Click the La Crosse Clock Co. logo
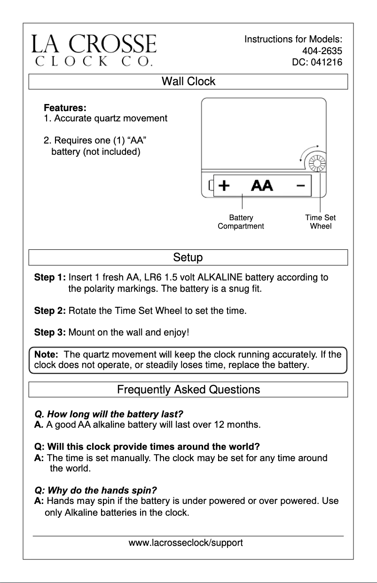pyautogui.click(x=94, y=49)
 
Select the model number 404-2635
pyautogui.click(x=322, y=51)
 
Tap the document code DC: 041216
pyautogui.click(x=317, y=62)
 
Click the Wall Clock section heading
pyautogui.click(x=188, y=81)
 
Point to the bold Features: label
pyautogui.click(x=65, y=108)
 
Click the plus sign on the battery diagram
pyautogui.click(x=225, y=186)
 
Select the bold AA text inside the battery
pyautogui.click(x=262, y=186)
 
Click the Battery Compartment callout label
pyautogui.click(x=241, y=222)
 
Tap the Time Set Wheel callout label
pyautogui.click(x=320, y=222)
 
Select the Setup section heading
pyautogui.click(x=188, y=257)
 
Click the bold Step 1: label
pyautogui.click(x=50, y=278)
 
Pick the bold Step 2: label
pyautogui.click(x=50, y=311)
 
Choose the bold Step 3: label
pyautogui.click(x=50, y=333)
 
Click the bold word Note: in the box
pyautogui.click(x=46, y=354)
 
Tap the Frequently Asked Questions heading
pyautogui.click(x=188, y=390)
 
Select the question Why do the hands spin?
pyautogui.click(x=96, y=490)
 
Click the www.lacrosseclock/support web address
pyautogui.click(x=186, y=543)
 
